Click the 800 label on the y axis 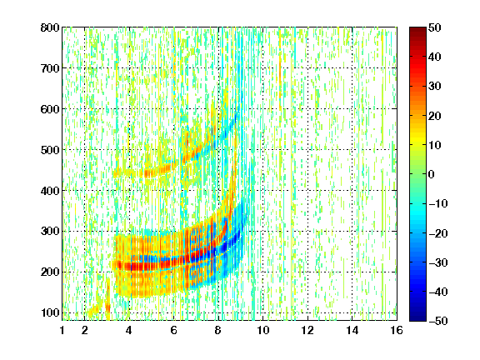point(50,27)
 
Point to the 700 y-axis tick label point(50,68)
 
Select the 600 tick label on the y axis point(50,109)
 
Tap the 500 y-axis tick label point(50,150)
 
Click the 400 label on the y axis point(50,191)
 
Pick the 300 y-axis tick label point(50,231)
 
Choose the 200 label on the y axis point(50,272)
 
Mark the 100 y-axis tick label point(50,312)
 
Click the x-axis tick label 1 point(62,330)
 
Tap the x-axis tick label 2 point(85,330)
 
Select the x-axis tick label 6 point(174,330)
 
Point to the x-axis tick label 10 point(263,330)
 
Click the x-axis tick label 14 point(352,330)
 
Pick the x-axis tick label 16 point(397,330)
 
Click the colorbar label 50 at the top point(434,27)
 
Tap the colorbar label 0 point(432,174)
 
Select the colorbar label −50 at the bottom point(438,321)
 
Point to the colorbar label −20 point(438,233)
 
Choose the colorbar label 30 point(434,86)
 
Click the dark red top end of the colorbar point(417,31)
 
